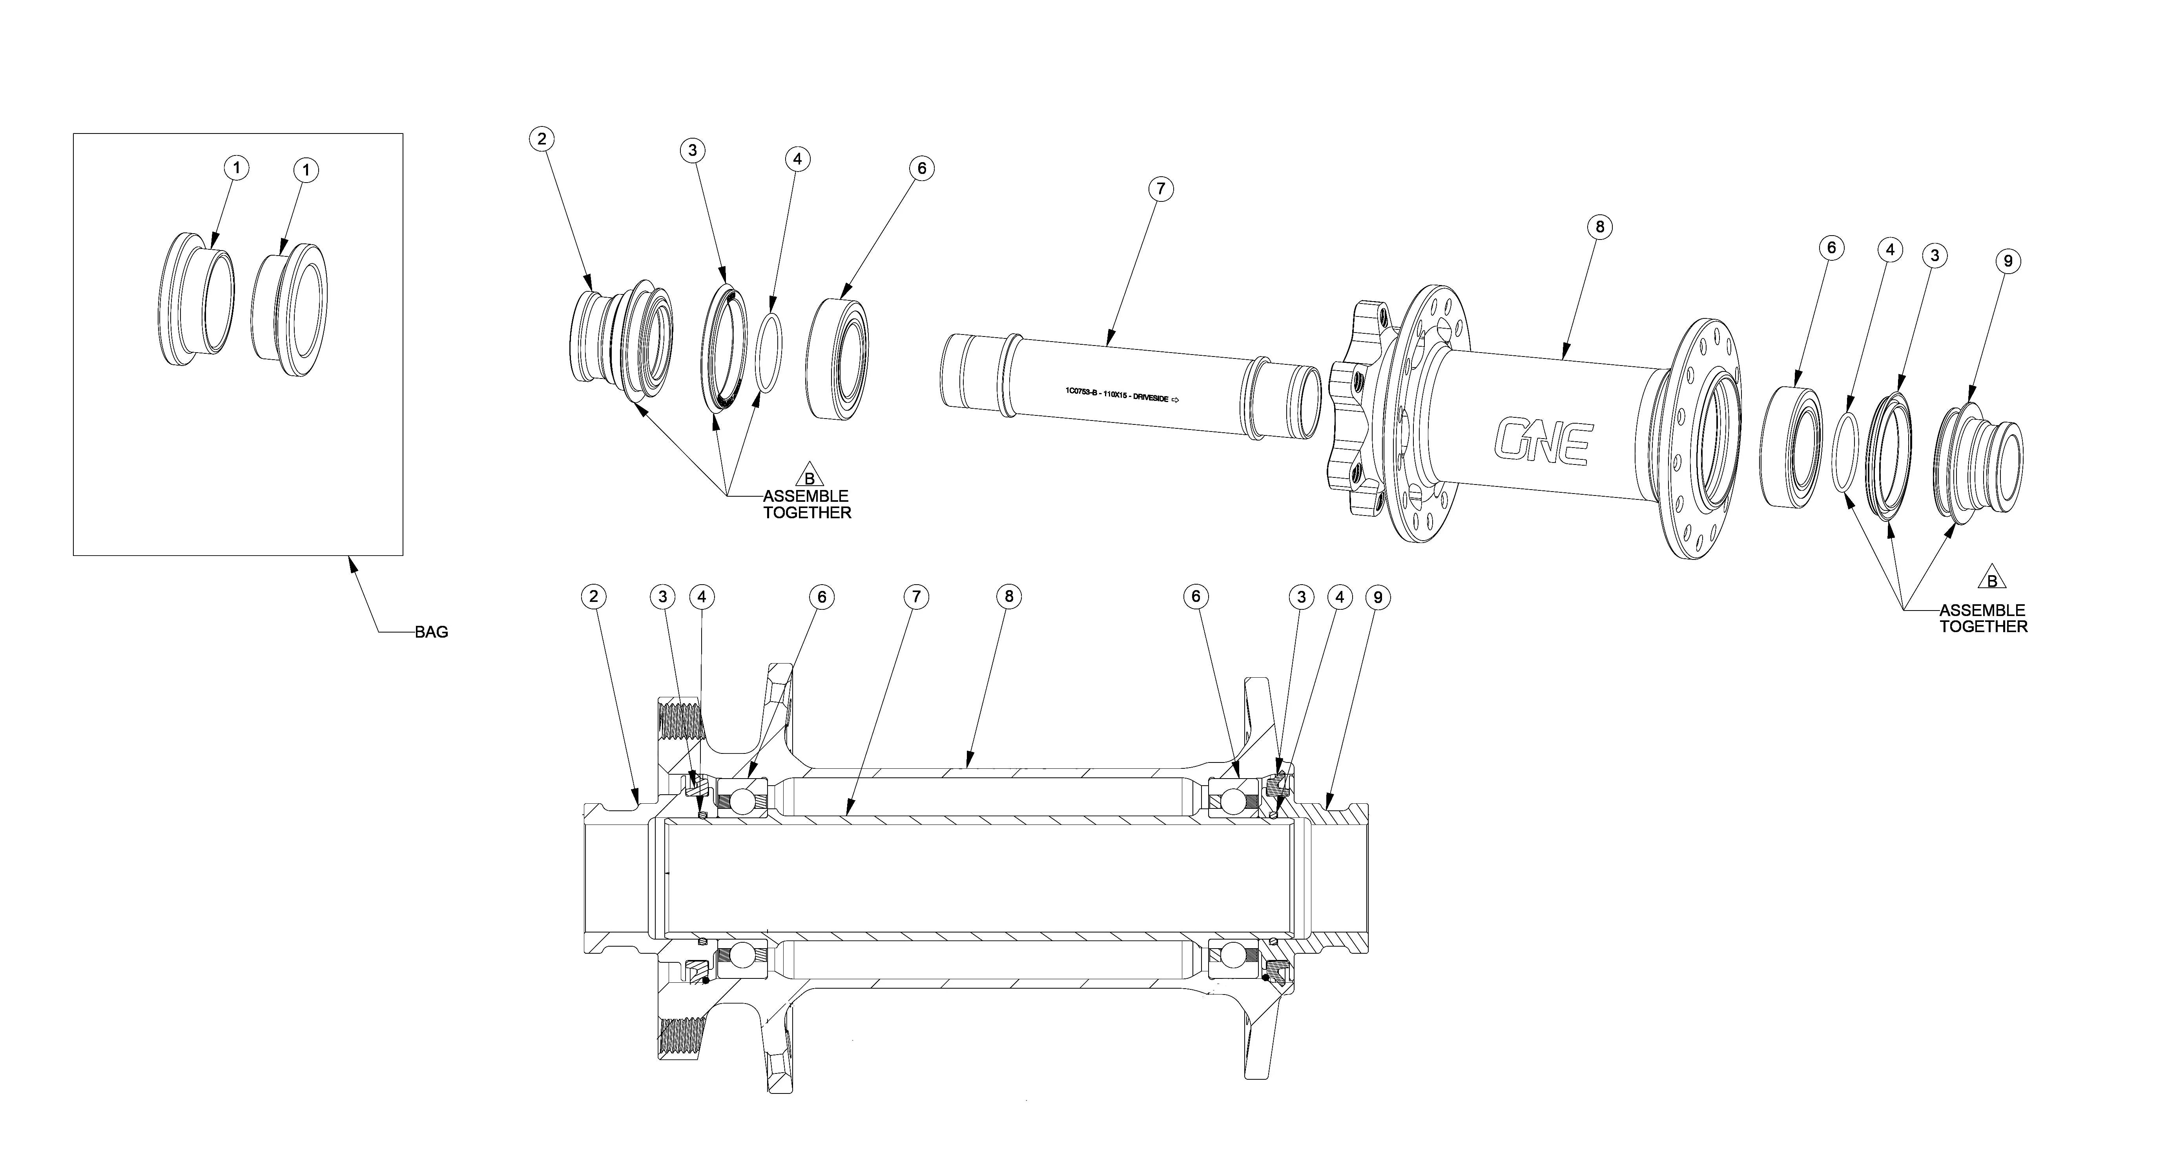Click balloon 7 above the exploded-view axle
click(1160, 189)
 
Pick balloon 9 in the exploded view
click(2007, 261)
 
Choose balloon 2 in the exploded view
click(542, 139)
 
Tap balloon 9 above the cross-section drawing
click(1377, 597)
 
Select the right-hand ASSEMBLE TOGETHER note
click(1983, 618)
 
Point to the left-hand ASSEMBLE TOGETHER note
click(806, 504)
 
